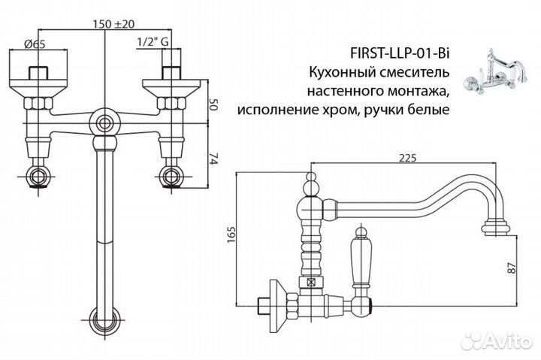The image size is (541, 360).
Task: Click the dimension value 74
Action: (213, 159)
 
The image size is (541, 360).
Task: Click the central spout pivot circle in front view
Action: (104, 122)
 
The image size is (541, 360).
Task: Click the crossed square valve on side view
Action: (310, 283)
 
